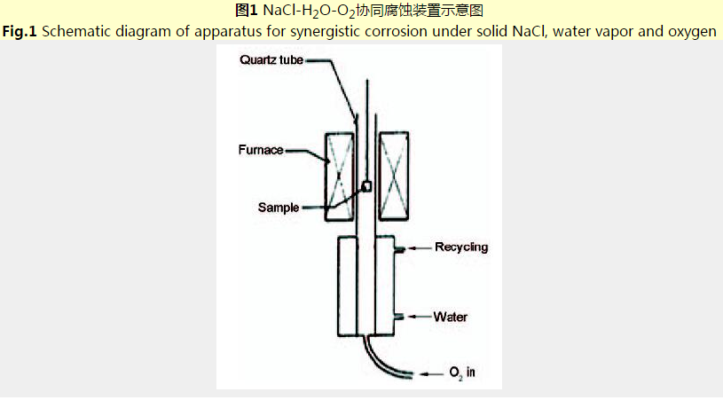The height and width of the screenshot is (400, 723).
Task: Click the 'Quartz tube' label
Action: click(x=272, y=60)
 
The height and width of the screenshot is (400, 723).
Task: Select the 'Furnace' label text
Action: click(x=260, y=150)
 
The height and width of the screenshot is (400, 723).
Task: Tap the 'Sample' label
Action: click(x=279, y=208)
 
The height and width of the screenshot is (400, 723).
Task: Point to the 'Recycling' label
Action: click(x=460, y=247)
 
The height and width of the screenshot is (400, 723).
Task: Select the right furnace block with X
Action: click(x=393, y=176)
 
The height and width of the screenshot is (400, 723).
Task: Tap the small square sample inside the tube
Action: click(x=365, y=187)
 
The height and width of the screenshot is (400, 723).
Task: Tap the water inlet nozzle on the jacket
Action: click(x=400, y=317)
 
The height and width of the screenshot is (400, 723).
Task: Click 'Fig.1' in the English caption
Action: click(x=20, y=32)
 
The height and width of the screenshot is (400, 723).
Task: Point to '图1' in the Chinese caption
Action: click(x=246, y=12)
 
